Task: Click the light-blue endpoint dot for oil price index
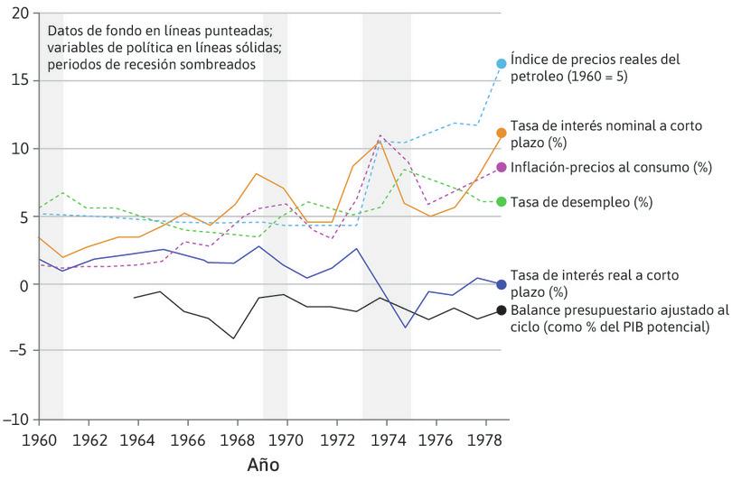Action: (x=502, y=63)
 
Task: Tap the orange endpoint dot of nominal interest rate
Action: (x=502, y=133)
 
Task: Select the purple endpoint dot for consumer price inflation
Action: (x=502, y=168)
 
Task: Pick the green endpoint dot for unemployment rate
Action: (x=502, y=201)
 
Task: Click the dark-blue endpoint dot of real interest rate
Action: (x=502, y=284)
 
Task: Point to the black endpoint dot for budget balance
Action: (x=502, y=310)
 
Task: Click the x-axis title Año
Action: (x=264, y=466)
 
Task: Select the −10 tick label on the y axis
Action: (x=16, y=420)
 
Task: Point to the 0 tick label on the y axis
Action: (x=24, y=284)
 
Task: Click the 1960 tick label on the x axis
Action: (x=39, y=438)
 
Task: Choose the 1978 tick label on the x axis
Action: (x=485, y=438)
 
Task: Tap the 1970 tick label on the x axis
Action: (x=287, y=438)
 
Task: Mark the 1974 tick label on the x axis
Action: (x=386, y=438)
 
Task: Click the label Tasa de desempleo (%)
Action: (x=581, y=202)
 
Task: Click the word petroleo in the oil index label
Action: (x=539, y=77)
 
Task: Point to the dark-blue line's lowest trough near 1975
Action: (x=405, y=326)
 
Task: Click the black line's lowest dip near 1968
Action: (x=234, y=338)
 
